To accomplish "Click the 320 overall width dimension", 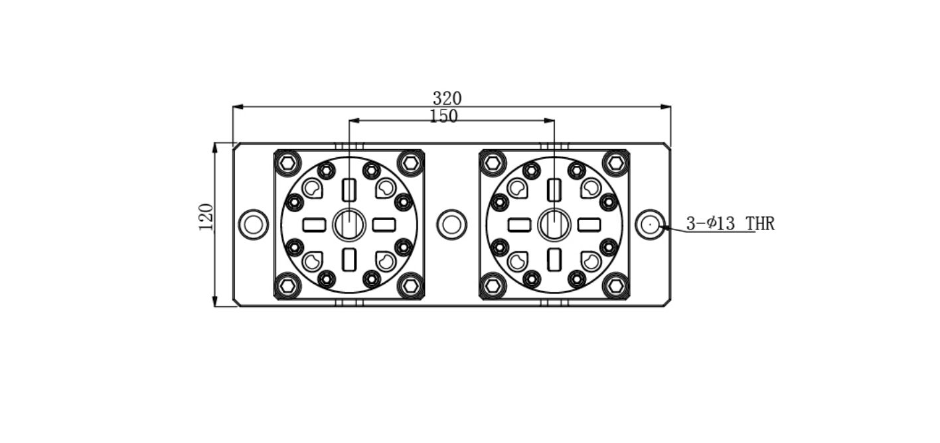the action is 447,99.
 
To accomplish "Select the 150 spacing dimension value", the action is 443,116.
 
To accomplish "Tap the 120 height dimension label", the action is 206,217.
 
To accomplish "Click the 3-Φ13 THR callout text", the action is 730,223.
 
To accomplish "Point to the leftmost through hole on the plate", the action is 254,225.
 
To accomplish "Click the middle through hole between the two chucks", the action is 451,225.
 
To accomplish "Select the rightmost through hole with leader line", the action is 650,225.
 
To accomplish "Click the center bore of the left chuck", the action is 349,225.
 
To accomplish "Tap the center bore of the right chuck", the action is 554,225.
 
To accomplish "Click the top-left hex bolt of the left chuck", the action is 287,162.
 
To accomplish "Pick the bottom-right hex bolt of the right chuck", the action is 615,286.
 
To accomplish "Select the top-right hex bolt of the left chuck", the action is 410,162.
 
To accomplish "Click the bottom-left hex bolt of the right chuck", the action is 493,286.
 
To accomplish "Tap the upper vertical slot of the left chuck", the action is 349,190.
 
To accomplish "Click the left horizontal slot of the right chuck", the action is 520,225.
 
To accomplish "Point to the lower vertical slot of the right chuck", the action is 554,260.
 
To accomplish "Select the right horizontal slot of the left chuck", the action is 384,225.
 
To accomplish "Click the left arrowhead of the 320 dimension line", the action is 238,107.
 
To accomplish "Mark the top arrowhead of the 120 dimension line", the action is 215,148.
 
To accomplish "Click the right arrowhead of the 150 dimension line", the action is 549,121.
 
